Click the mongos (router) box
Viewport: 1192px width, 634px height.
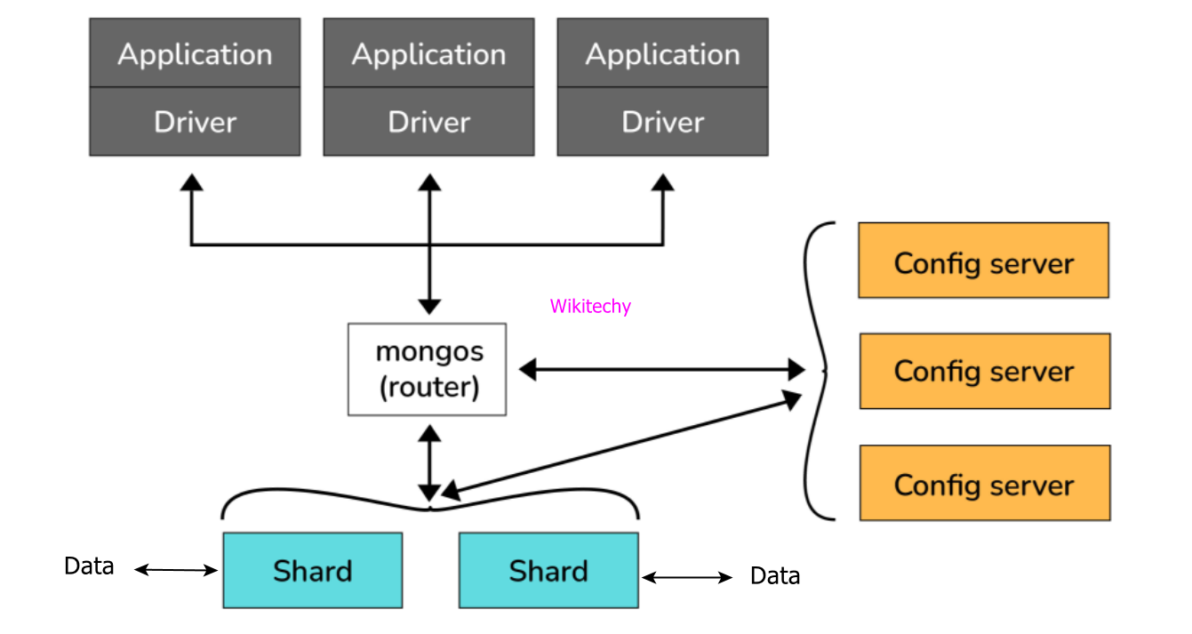tap(427, 369)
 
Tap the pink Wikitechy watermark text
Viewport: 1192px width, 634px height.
tap(590, 307)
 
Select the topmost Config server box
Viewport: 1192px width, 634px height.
tap(983, 260)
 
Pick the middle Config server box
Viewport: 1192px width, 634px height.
tap(984, 371)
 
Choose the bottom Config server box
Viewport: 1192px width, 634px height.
tap(984, 483)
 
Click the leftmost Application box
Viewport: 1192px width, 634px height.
tap(195, 53)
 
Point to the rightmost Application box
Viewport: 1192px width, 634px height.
tap(662, 53)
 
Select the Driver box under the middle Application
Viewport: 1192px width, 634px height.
tap(428, 122)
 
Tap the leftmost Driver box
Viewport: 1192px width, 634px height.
tap(195, 122)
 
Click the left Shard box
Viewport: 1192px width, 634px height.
tap(312, 570)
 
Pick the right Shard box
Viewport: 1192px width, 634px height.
tap(548, 570)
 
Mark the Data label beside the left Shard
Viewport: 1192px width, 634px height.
tap(89, 566)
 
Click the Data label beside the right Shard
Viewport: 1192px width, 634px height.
tap(775, 576)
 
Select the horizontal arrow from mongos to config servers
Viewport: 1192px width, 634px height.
tap(661, 369)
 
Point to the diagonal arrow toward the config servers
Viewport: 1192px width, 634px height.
tap(622, 445)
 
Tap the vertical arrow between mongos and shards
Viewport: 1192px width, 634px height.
tap(429, 462)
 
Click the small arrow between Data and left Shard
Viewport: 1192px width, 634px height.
tap(176, 570)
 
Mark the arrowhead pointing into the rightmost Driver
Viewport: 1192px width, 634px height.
tap(663, 182)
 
